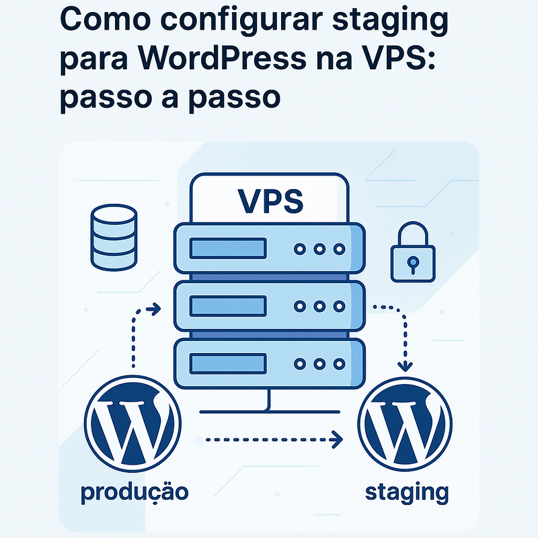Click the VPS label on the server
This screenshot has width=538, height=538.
point(270,199)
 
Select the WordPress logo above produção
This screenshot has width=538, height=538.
point(132,426)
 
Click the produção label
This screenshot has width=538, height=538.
point(134,492)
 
